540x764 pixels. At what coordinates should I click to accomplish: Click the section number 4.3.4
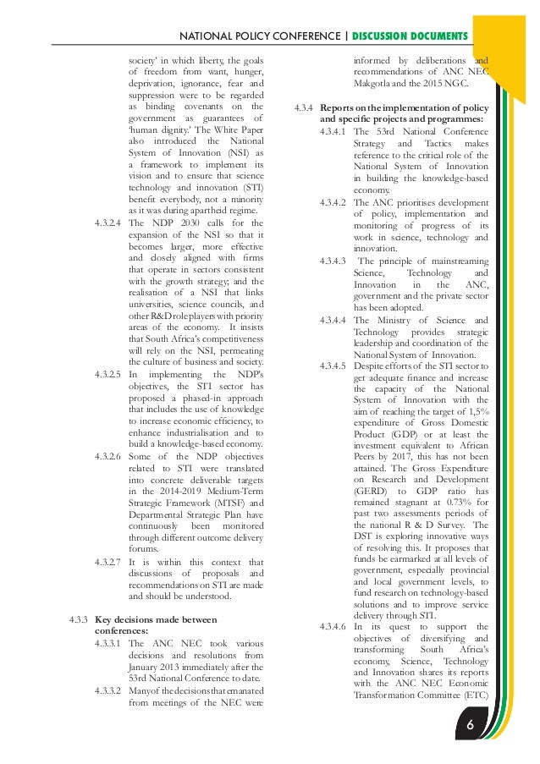click(x=305, y=107)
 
